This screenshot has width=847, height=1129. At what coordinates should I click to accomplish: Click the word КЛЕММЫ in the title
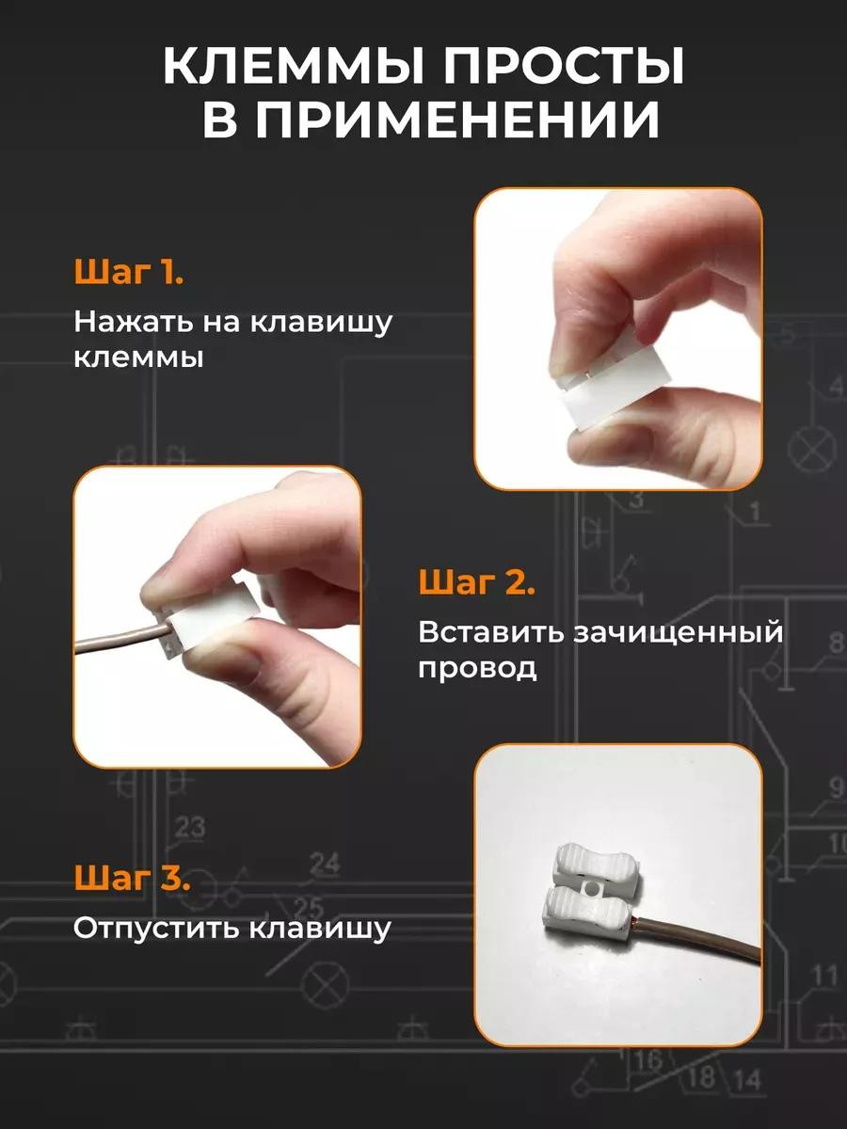[x=294, y=67]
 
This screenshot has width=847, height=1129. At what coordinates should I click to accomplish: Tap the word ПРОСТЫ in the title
[x=564, y=67]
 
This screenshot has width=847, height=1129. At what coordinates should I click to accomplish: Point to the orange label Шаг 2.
[x=476, y=582]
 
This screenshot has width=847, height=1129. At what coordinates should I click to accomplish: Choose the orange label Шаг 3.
[x=132, y=878]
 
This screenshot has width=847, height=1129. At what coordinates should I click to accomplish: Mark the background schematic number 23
[x=190, y=827]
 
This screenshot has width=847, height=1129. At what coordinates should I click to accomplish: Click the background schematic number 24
[x=325, y=864]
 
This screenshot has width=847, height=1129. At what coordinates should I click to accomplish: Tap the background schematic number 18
[x=702, y=1075]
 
